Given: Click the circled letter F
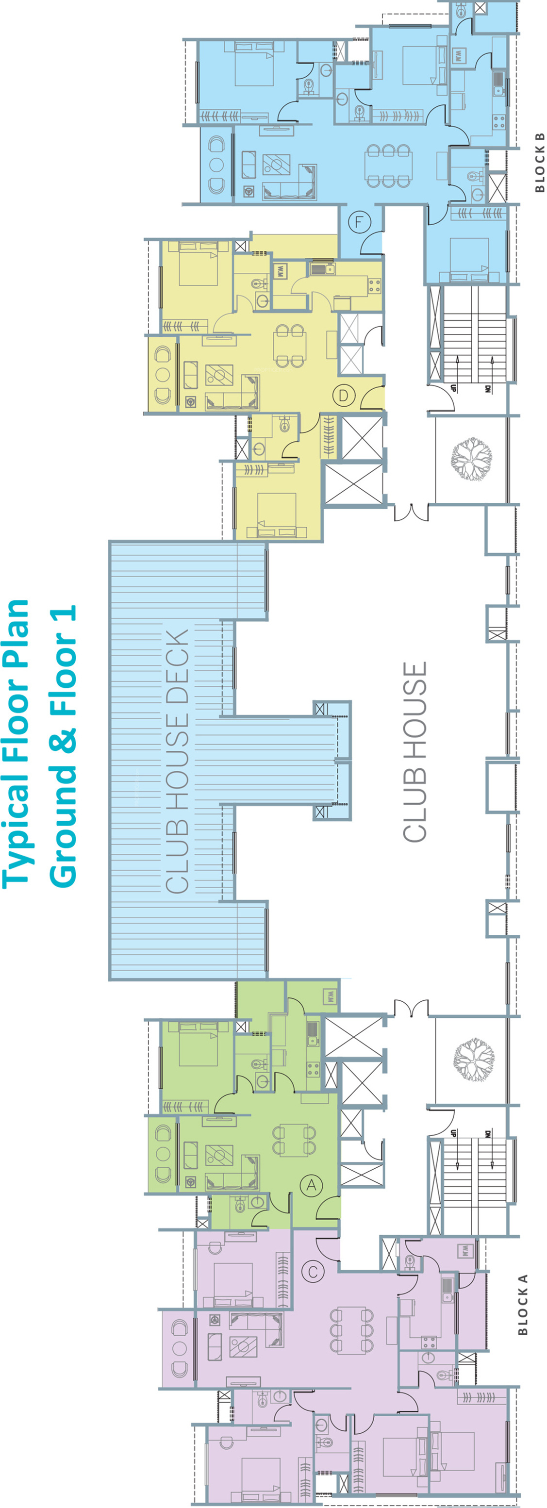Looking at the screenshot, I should point(360,222).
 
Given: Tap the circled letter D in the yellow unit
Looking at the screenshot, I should point(343,395).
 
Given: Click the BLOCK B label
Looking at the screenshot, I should point(539,162).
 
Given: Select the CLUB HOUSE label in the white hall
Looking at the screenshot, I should point(414,752).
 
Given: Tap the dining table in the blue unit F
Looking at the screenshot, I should point(388,166).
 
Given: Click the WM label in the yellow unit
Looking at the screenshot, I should point(280,272).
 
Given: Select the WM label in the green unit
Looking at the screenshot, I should point(330,996).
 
